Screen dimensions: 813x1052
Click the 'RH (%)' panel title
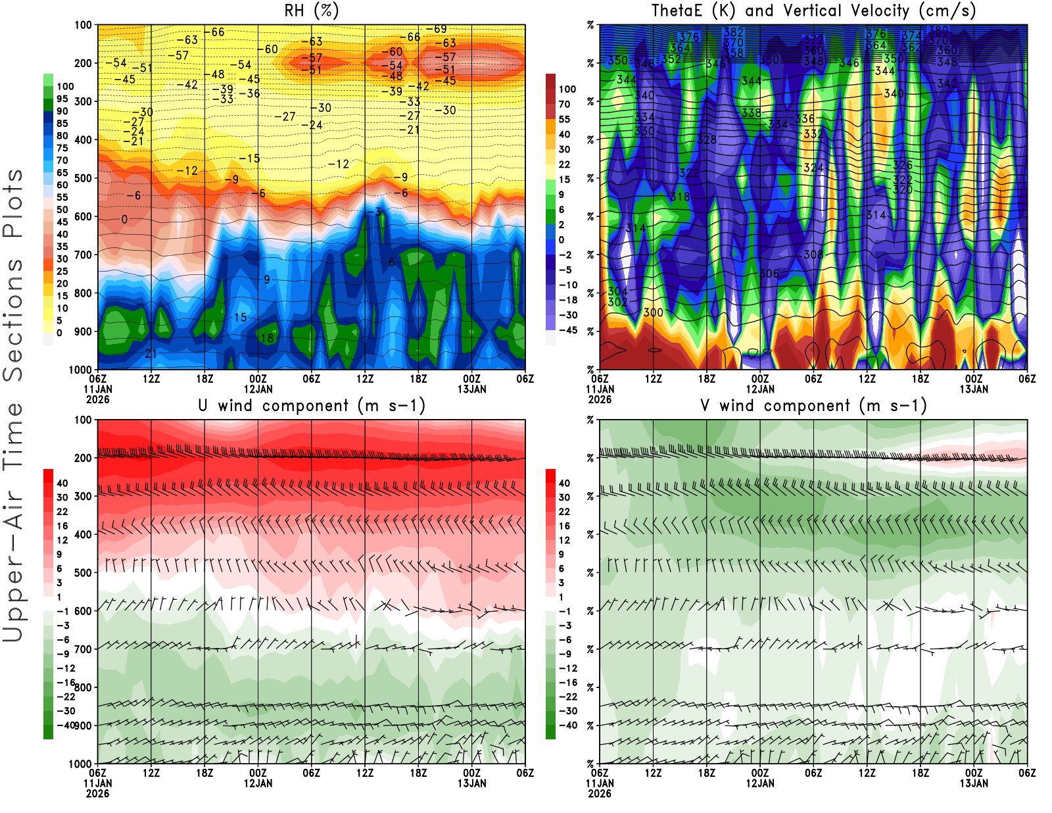pos(312,11)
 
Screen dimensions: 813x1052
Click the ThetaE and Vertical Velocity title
pos(813,11)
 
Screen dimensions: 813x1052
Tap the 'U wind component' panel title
pos(312,405)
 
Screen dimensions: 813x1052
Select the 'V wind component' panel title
pos(813,405)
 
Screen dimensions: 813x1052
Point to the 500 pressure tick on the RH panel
pos(84,178)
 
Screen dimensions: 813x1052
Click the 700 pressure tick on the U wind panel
pos(84,649)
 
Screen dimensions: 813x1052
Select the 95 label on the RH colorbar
pos(62,99)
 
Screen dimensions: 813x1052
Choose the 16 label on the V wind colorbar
pos(564,526)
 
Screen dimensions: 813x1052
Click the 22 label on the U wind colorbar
pos(62,512)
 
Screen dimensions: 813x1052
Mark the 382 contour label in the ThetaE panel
pos(733,32)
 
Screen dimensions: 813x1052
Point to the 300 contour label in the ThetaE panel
pos(653,312)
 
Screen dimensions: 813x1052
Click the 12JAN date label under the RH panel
pos(258,389)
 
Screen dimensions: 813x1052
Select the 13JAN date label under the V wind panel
pos(974,783)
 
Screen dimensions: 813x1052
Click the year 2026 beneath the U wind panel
pos(97,793)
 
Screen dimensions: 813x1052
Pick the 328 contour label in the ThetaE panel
pos(707,139)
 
